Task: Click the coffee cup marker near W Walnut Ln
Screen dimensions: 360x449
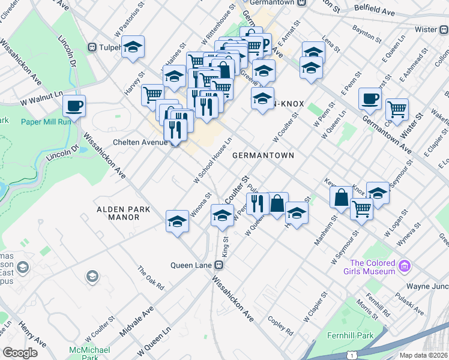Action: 74,106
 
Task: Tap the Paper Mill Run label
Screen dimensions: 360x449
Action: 47,121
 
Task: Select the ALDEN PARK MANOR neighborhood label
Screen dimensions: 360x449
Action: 119,213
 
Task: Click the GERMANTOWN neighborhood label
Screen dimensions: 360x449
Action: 263,155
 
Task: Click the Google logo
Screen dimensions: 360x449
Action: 20,352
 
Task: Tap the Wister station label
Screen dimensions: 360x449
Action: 426,29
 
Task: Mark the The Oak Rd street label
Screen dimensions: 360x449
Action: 151,279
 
